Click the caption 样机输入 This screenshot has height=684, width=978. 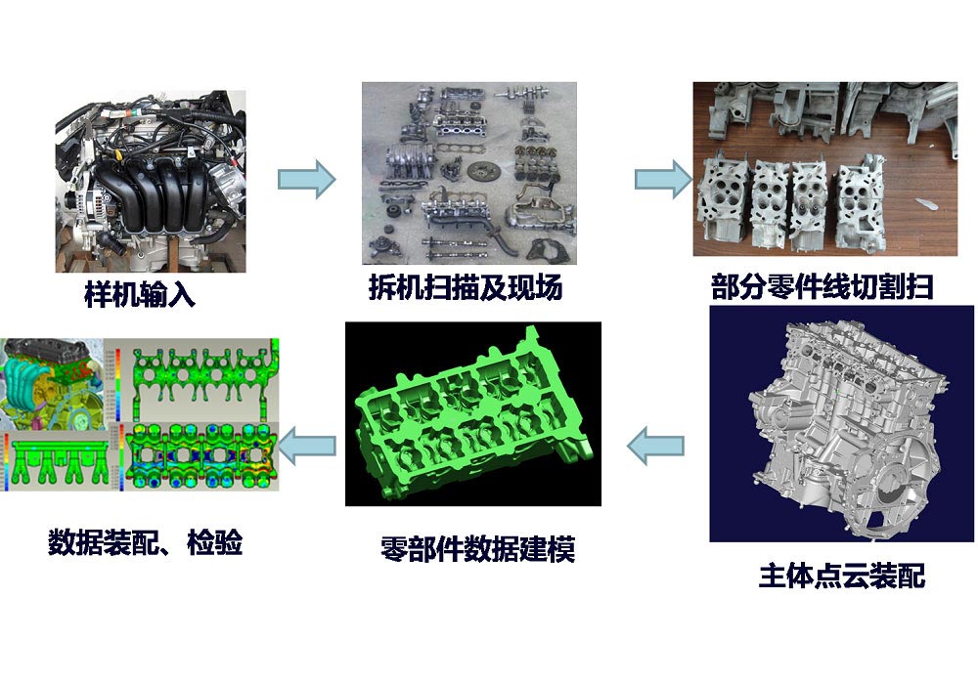click(140, 296)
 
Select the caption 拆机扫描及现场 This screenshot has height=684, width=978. click(466, 288)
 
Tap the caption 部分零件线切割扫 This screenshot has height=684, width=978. click(822, 288)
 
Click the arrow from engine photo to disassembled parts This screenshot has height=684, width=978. click(306, 180)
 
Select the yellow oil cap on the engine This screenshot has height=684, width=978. click(118, 153)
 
